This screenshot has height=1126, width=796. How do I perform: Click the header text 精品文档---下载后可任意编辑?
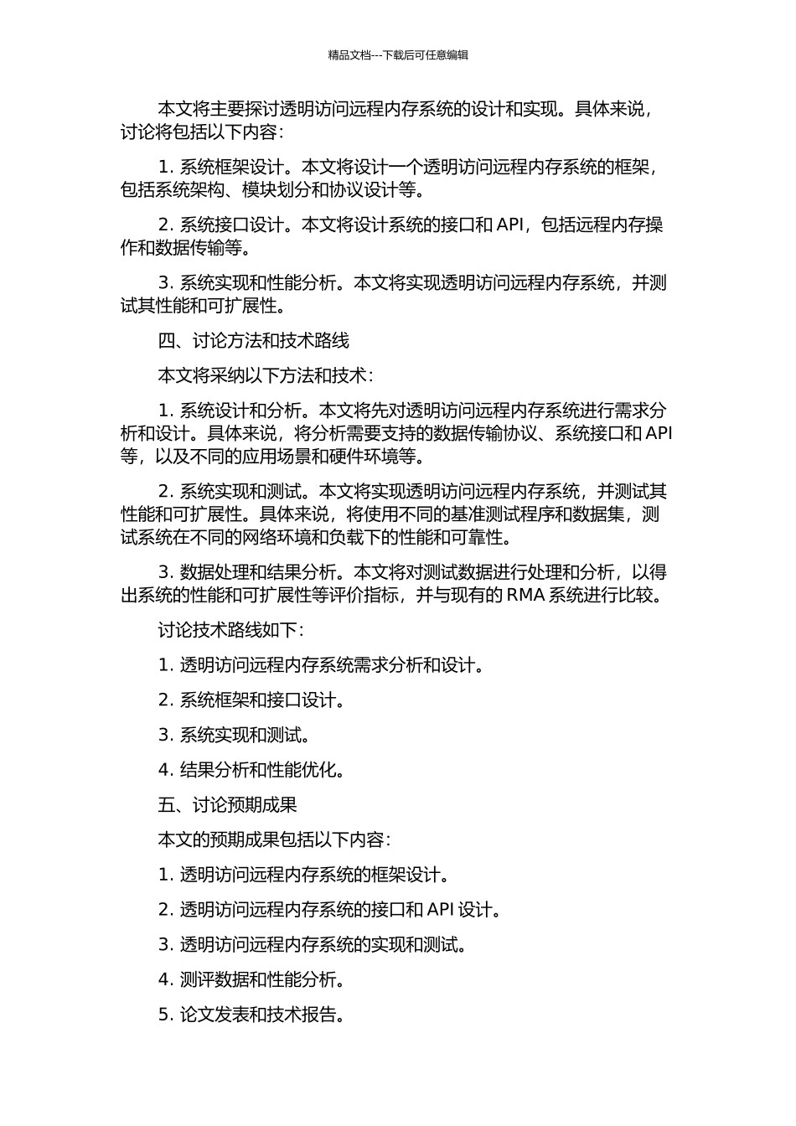pyautogui.click(x=398, y=55)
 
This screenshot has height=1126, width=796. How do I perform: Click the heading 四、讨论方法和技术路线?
pyautogui.click(x=253, y=340)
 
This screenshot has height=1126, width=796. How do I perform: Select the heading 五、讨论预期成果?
pyautogui.click(x=227, y=805)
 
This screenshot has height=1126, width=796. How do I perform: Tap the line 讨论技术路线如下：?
pyautogui.click(x=231, y=630)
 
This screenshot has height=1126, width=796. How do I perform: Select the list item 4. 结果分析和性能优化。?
pyautogui.click(x=252, y=770)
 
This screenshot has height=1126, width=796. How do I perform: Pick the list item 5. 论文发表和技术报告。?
pyautogui.click(x=252, y=1015)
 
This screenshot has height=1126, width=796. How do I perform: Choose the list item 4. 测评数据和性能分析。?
pyautogui.click(x=252, y=979)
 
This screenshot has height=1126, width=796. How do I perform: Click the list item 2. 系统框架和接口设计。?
pyautogui.click(x=252, y=700)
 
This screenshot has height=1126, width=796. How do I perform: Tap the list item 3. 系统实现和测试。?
pyautogui.click(x=235, y=735)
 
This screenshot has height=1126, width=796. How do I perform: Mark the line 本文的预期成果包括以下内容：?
pyautogui.click(x=275, y=839)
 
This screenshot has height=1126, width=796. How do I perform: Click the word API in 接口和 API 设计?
pyautogui.click(x=442, y=910)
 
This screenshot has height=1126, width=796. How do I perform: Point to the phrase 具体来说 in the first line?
pyautogui.click(x=609, y=109)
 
